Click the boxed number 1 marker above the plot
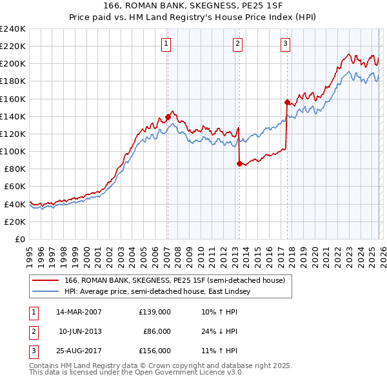point(166,44)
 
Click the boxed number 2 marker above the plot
point(238,44)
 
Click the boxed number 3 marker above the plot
point(285,44)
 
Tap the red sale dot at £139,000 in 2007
point(168,117)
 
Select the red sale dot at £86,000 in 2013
point(239,163)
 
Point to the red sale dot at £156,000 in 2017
point(287,102)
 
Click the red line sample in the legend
point(46,280)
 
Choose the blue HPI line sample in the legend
point(46,291)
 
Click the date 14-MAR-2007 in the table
point(79,311)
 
